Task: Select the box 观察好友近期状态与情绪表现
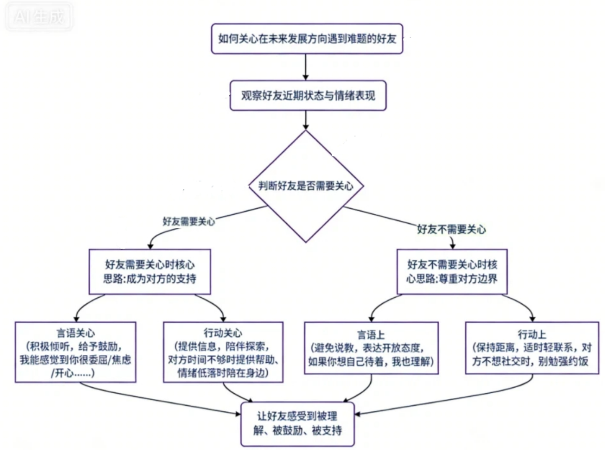(x=308, y=96)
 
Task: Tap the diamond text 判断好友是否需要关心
(x=306, y=186)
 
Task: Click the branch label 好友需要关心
(x=189, y=221)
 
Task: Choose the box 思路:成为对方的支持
(x=150, y=271)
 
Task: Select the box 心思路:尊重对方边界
(x=452, y=271)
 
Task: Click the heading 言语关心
(x=76, y=334)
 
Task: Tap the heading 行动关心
(x=224, y=334)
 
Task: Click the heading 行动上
(x=532, y=334)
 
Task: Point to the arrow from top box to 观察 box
(x=305, y=67)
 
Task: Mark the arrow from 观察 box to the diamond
(x=305, y=120)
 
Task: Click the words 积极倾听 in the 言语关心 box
(x=49, y=346)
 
